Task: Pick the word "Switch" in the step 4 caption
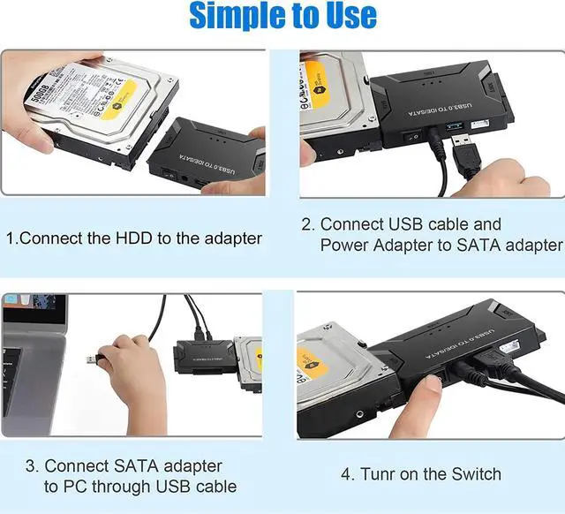475,475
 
